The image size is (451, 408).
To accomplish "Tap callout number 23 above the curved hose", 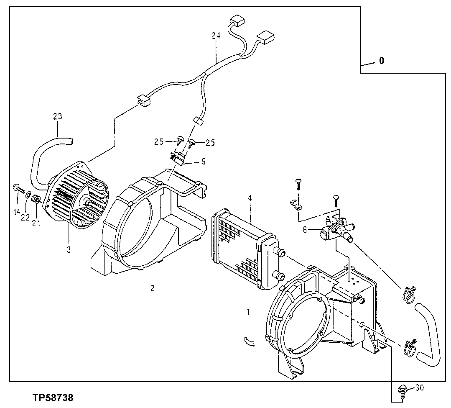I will coord(57,116).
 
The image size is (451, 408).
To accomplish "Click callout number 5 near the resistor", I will coord(204,161).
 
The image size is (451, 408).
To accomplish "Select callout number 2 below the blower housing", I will coord(152,288).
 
